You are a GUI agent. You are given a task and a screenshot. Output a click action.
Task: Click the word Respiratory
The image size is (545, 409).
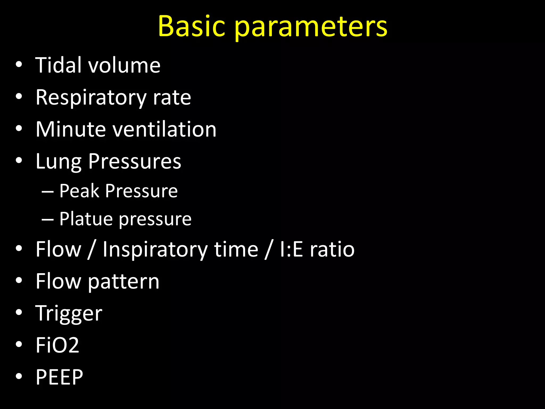(91, 98)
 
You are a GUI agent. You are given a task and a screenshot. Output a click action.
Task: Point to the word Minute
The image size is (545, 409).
(71, 129)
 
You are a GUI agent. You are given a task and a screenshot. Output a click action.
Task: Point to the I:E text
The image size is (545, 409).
(291, 250)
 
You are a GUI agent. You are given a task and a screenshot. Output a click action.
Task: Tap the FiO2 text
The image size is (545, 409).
(57, 345)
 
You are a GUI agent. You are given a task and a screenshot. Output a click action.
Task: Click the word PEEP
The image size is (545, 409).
(59, 377)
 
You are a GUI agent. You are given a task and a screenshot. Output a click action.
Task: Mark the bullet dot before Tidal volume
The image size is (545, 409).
(19, 65)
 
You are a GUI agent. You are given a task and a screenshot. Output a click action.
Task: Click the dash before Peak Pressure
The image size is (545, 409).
(48, 191)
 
